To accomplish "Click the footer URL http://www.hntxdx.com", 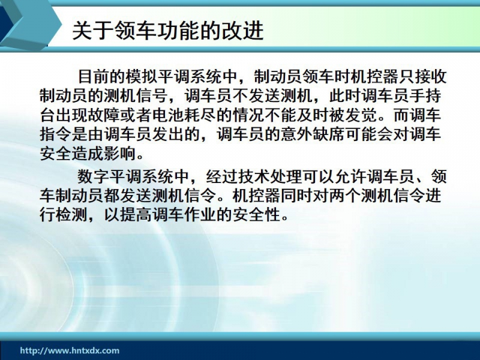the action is tap(70, 350).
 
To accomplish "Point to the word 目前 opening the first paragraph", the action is tap(94, 77).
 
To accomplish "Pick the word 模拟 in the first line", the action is tap(142, 77).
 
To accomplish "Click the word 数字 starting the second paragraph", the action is tap(94, 176).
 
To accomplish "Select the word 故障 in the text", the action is tap(104, 115).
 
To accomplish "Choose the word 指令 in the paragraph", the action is tap(56, 134).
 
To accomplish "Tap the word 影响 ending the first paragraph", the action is tap(120, 154).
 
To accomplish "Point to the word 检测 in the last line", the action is tap(72, 215).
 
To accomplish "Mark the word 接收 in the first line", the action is tap(430, 77).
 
